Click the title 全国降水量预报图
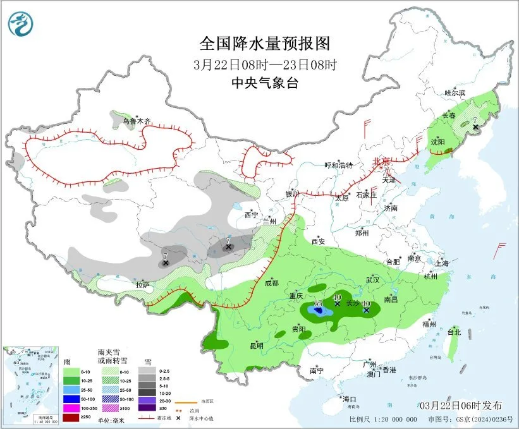(265, 44)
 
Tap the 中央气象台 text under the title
(264, 83)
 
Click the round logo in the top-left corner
(20, 24)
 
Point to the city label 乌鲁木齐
(137, 121)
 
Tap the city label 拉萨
(142, 285)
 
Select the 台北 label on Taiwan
(454, 332)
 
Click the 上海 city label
(442, 262)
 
